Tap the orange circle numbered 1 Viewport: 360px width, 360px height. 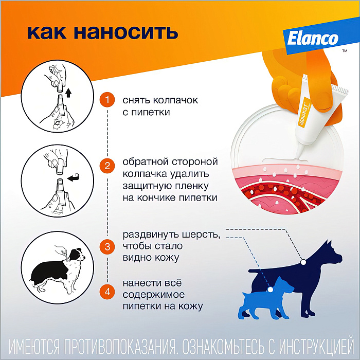pos(107,99)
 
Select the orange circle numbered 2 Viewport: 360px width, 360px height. pos(107,166)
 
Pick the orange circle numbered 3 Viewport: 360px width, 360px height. pos(107,246)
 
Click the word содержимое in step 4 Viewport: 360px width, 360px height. pos(152,295)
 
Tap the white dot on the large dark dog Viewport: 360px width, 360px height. pos(304,261)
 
